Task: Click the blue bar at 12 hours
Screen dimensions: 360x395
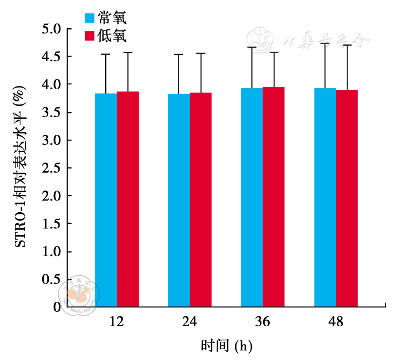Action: pos(106,200)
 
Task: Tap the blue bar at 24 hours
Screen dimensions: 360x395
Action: pos(179,200)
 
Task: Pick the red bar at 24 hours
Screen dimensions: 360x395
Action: pos(201,200)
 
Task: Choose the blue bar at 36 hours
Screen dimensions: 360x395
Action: pos(252,197)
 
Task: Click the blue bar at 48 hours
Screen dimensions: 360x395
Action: pos(325,197)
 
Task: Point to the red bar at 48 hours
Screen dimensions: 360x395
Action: pos(347,198)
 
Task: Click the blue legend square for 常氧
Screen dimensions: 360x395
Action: pos(89,18)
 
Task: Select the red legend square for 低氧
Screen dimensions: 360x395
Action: pos(89,36)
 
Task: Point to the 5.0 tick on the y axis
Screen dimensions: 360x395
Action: pos(52,29)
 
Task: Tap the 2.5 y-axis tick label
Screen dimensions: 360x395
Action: pos(52,168)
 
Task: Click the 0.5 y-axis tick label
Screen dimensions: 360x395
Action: pos(52,280)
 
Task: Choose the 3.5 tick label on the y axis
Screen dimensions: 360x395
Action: pos(52,113)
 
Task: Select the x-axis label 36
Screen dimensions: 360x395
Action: pos(263,322)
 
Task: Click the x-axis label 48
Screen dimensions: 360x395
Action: pos(336,322)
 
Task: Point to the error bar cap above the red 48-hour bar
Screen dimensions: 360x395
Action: pos(347,45)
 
